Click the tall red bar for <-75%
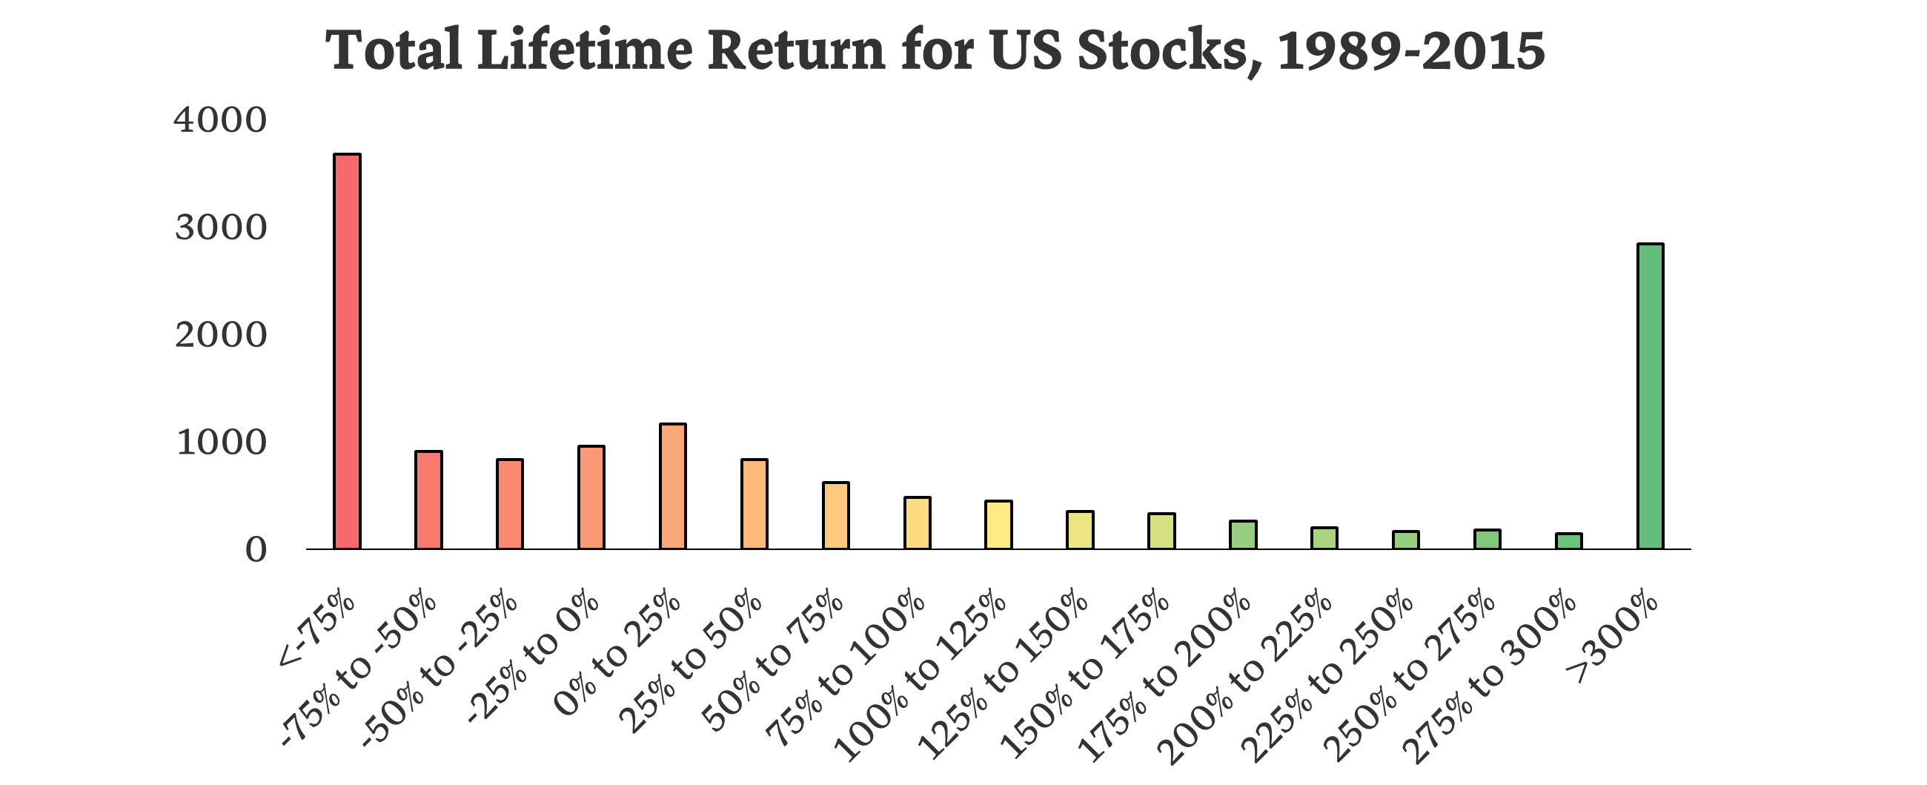pyautogui.click(x=347, y=351)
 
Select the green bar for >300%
pyautogui.click(x=1651, y=397)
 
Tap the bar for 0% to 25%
pyautogui.click(x=672, y=486)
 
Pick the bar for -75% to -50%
pyautogui.click(x=428, y=500)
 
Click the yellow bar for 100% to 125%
pyautogui.click(x=998, y=525)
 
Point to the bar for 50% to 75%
pyautogui.click(x=835, y=516)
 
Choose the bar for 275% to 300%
pyautogui.click(x=1569, y=541)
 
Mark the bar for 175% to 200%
pyautogui.click(x=1242, y=535)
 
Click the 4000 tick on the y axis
pyautogui.click(x=220, y=121)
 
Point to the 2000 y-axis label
pyautogui.click(x=220, y=336)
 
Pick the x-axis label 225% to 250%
pyautogui.click(x=1328, y=678)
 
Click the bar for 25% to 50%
pyautogui.click(x=754, y=503)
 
